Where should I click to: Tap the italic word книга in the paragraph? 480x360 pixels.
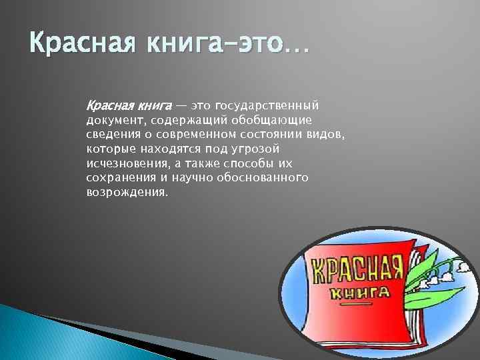pos(153,105)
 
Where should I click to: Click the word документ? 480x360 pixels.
pos(115,120)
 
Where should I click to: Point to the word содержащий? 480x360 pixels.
pos(191,120)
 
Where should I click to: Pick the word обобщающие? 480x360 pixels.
pos(272,120)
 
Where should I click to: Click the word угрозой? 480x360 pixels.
pos(257,149)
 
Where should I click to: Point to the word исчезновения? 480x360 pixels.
pos(124,163)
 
